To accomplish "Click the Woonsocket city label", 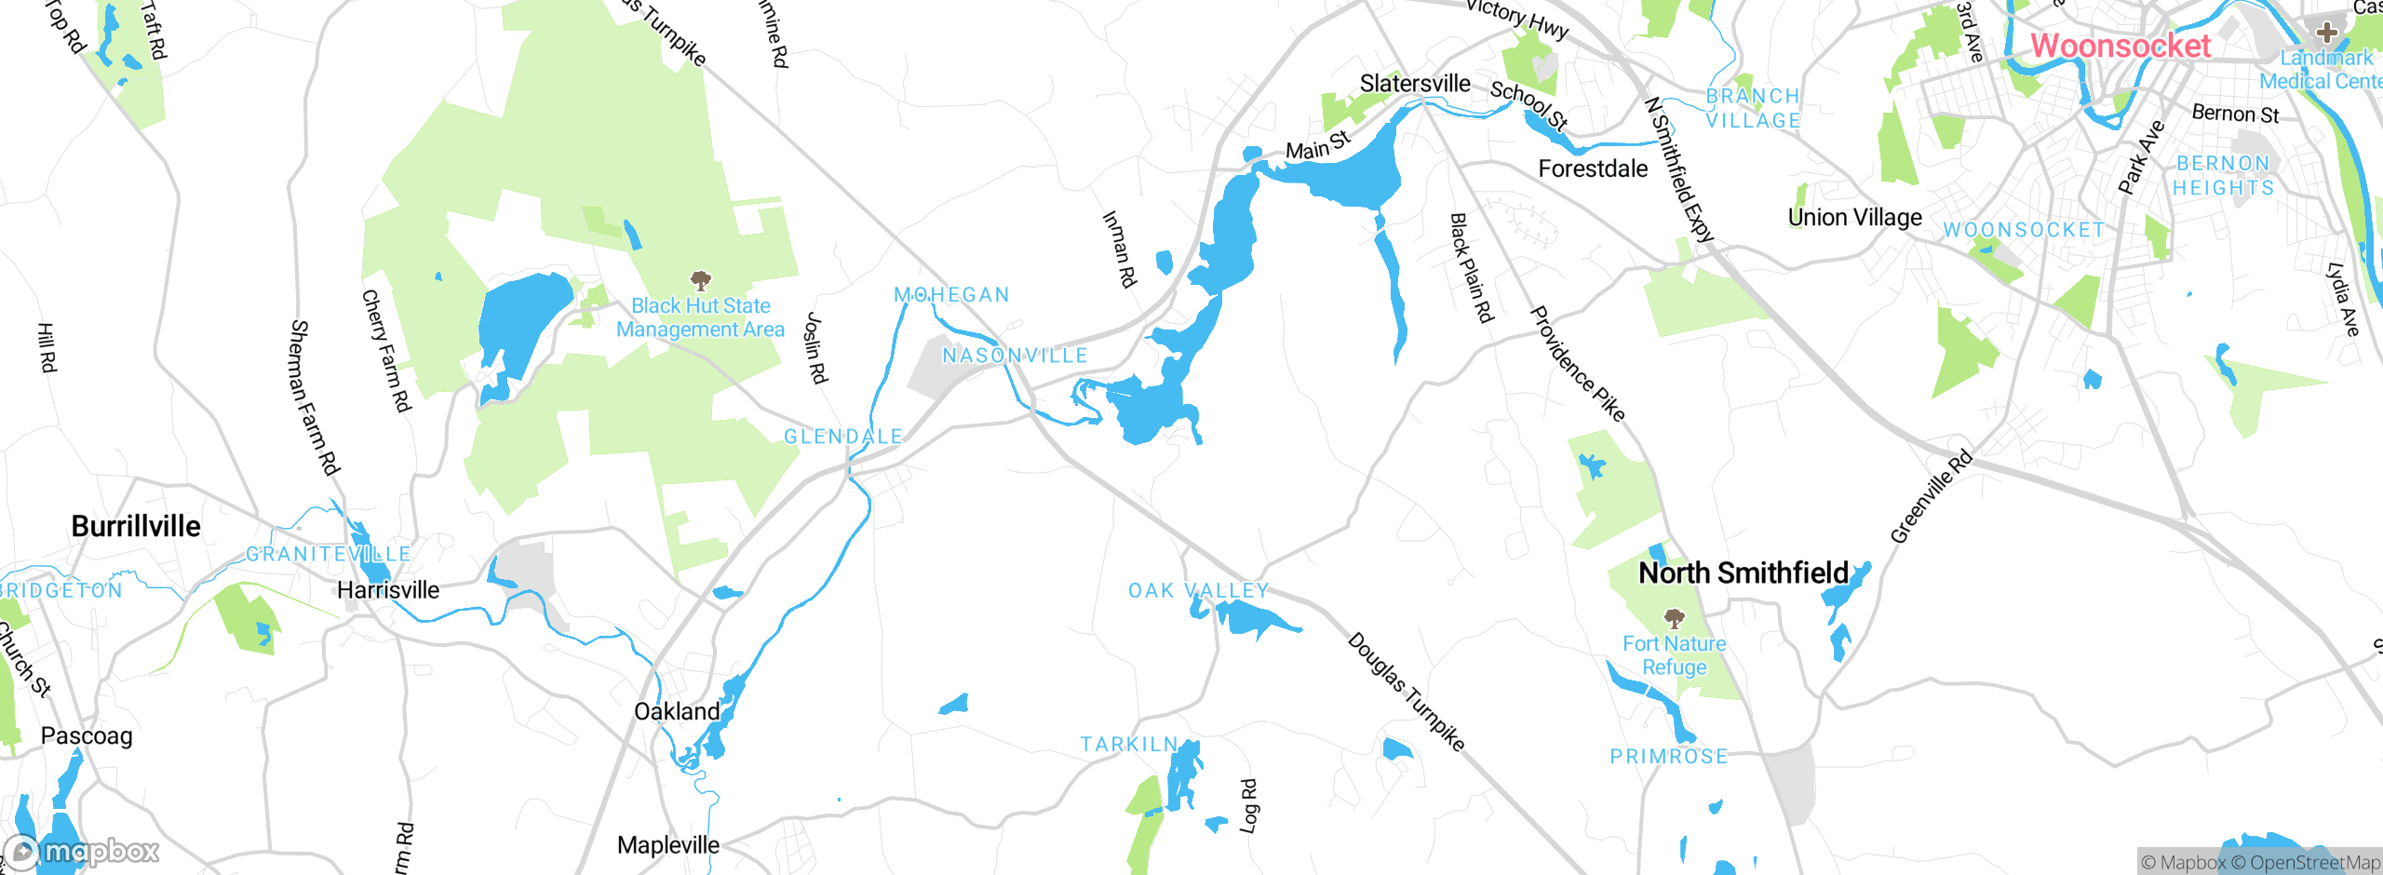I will point(2120,46).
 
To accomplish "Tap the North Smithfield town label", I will point(1743,573).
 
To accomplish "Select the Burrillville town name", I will point(136,526).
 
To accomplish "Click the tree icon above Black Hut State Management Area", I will point(701,280).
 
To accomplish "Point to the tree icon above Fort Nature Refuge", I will point(1674,618).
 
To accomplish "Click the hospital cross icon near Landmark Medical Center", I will point(2326,33).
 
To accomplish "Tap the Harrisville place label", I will point(388,590).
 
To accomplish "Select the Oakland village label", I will point(677,712).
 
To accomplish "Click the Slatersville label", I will point(1415,84).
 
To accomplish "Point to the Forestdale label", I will point(1593,169).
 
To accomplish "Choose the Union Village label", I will point(1854,218).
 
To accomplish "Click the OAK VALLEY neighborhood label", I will point(1198,591).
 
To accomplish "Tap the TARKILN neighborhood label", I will point(1128,745).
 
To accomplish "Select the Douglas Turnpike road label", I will point(1406,692).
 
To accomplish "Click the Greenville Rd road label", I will point(1931,497).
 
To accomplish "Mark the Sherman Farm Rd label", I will point(315,397).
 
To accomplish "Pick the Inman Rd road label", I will point(1119,249).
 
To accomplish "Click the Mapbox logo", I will point(82,852).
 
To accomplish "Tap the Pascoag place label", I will point(87,736).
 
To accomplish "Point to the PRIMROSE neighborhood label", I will point(1669,757).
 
